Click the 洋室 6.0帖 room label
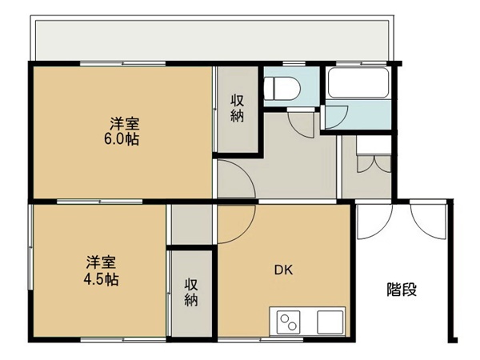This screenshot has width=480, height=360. (122, 131)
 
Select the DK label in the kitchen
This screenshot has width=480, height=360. (283, 270)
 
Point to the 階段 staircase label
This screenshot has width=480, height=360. (402, 290)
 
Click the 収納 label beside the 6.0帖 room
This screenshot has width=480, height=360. (238, 108)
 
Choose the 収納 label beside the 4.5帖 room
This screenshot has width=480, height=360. (191, 292)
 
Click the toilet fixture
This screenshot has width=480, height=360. (282, 89)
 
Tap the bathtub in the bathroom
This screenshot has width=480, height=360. (358, 83)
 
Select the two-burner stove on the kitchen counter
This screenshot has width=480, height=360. (288, 322)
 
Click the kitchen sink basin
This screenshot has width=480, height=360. (330, 322)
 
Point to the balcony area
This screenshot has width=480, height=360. (213, 41)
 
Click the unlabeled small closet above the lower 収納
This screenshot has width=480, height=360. (192, 225)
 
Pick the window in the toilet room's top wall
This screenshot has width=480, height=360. (294, 64)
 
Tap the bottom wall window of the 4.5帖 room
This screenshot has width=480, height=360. (123, 339)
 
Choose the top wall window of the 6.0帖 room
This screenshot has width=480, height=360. (122, 64)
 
